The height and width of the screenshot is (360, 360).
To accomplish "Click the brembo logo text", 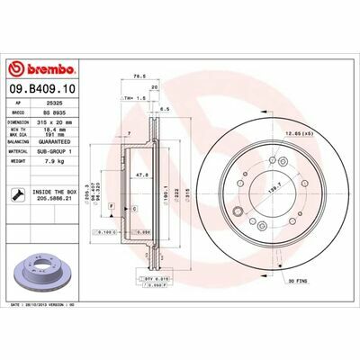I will click(x=40, y=69).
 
